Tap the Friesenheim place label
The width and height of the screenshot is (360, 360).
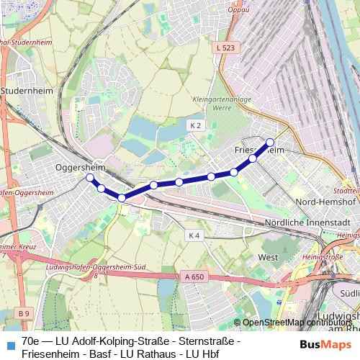(260, 149)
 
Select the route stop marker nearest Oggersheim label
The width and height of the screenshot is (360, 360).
(90, 177)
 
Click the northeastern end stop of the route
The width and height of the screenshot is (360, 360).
(270, 142)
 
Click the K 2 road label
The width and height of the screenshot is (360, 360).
(194, 125)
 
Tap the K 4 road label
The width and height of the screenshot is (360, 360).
(194, 235)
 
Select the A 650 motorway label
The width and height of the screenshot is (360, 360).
(193, 276)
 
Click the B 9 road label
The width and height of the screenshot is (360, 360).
(24, 313)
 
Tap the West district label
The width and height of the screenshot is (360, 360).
(268, 256)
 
